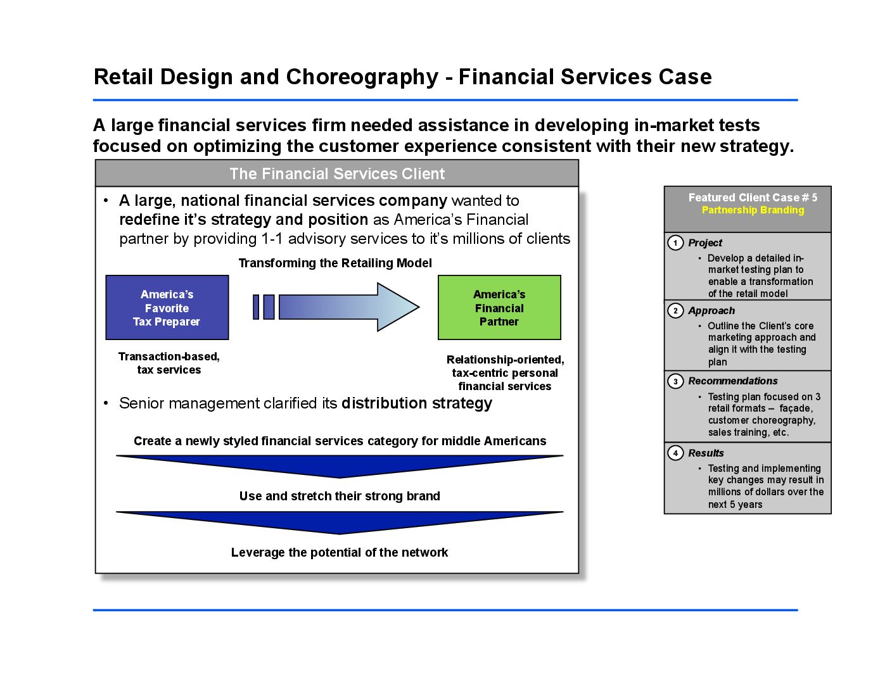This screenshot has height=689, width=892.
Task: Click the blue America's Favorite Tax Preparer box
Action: pos(167,308)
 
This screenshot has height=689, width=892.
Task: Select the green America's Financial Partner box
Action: pos(499,308)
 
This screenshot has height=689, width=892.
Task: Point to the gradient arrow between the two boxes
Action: pos(348,307)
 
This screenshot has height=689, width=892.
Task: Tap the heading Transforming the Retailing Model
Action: pos(335,263)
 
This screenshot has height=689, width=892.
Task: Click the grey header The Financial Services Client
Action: pos(337,174)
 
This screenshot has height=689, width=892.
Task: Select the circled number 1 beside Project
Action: pos(675,243)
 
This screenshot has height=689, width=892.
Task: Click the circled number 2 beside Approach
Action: pos(675,310)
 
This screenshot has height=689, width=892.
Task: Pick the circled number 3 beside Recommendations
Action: pos(675,381)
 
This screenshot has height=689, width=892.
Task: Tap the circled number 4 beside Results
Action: pos(675,453)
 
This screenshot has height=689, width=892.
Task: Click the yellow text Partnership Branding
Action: pos(753,210)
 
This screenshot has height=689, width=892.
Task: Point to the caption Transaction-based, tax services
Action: pos(169,363)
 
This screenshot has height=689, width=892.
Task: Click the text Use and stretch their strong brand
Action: pos(340,496)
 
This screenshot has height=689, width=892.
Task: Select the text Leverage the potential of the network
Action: pos(340,552)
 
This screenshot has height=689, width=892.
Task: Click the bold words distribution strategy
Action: pos(416,403)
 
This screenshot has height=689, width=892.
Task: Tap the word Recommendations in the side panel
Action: pos(733,381)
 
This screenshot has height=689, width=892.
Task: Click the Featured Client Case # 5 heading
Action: pos(753,198)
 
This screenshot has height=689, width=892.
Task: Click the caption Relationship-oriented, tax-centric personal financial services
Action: pos(505,373)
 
